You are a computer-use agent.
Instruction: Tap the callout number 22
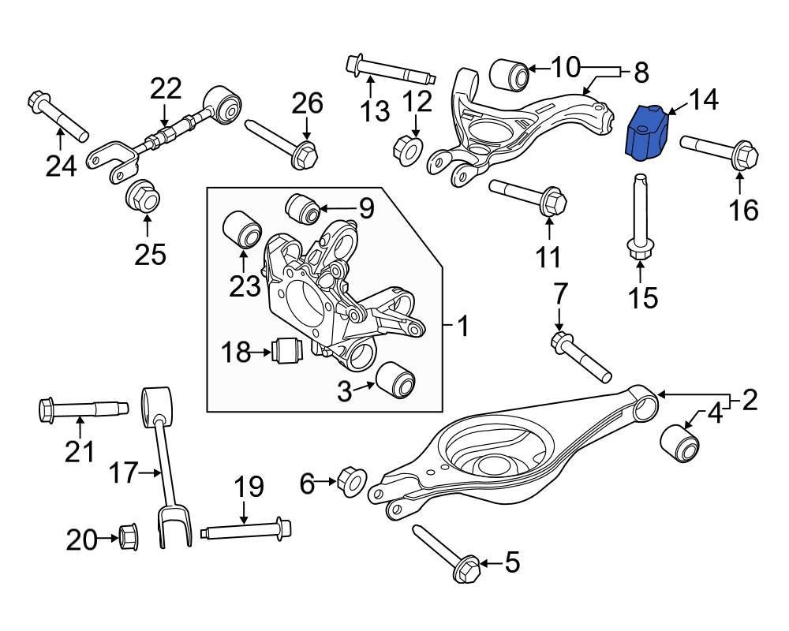[x=166, y=89]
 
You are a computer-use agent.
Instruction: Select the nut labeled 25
[x=142, y=196]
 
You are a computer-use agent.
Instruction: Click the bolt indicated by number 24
[x=58, y=114]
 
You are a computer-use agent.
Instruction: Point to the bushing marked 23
[x=241, y=230]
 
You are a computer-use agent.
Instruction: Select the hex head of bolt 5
[x=466, y=569]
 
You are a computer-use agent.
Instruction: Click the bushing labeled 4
[x=679, y=442]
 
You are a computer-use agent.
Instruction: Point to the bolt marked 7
[x=581, y=357]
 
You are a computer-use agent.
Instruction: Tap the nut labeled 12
[x=407, y=149]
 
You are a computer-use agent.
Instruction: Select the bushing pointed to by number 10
[x=509, y=74]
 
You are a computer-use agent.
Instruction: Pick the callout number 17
[x=124, y=472]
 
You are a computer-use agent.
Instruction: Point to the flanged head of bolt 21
[x=47, y=409]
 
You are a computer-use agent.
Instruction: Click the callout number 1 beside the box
[x=463, y=326]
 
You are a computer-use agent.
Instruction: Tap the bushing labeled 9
[x=302, y=208]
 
